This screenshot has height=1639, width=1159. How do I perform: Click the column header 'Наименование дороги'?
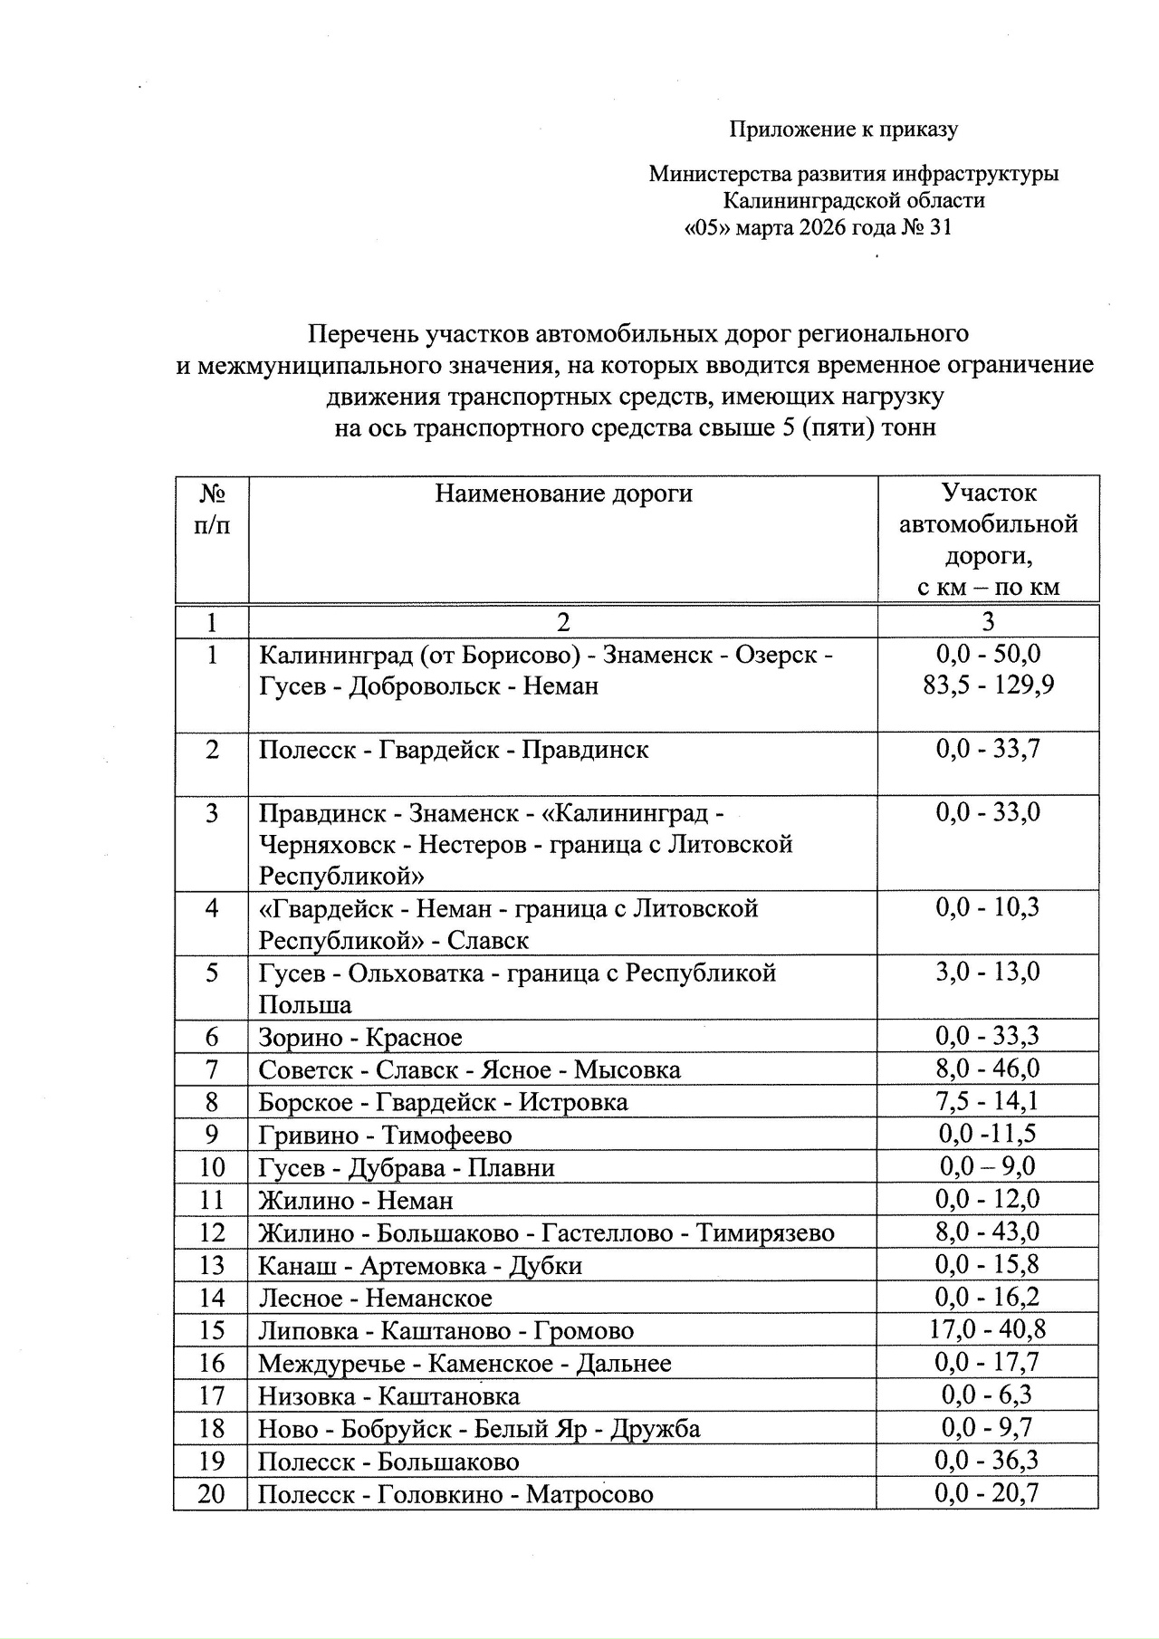[x=563, y=494]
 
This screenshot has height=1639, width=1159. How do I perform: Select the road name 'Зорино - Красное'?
[x=360, y=1037]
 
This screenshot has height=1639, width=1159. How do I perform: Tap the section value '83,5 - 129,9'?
[x=988, y=685]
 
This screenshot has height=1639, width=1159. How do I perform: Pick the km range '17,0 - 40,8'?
[x=988, y=1329]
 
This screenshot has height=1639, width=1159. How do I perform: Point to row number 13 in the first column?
[x=211, y=1265]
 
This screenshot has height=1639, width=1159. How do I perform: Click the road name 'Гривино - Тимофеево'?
[x=385, y=1135]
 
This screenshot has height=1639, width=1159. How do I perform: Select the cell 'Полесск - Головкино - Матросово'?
[x=455, y=1493]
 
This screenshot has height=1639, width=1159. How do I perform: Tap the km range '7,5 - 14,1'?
[x=988, y=1101]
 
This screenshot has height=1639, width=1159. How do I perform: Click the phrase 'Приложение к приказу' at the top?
[x=844, y=129]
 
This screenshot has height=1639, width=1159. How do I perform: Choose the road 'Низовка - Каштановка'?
[x=389, y=1395]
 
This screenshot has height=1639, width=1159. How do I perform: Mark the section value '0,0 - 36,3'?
[x=988, y=1460]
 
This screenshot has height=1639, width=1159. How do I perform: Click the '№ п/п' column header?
[x=212, y=510]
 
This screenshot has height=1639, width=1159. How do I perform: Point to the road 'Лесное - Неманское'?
[x=375, y=1298]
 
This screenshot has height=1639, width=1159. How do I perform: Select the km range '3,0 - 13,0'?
[x=988, y=972]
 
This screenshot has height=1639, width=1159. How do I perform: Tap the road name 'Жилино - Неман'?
[x=356, y=1200]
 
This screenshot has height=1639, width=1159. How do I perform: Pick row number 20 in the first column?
[x=211, y=1493]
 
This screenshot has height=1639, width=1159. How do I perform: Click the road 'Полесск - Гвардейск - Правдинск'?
[x=454, y=750]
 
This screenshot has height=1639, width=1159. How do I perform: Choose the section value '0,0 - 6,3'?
[x=988, y=1395]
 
